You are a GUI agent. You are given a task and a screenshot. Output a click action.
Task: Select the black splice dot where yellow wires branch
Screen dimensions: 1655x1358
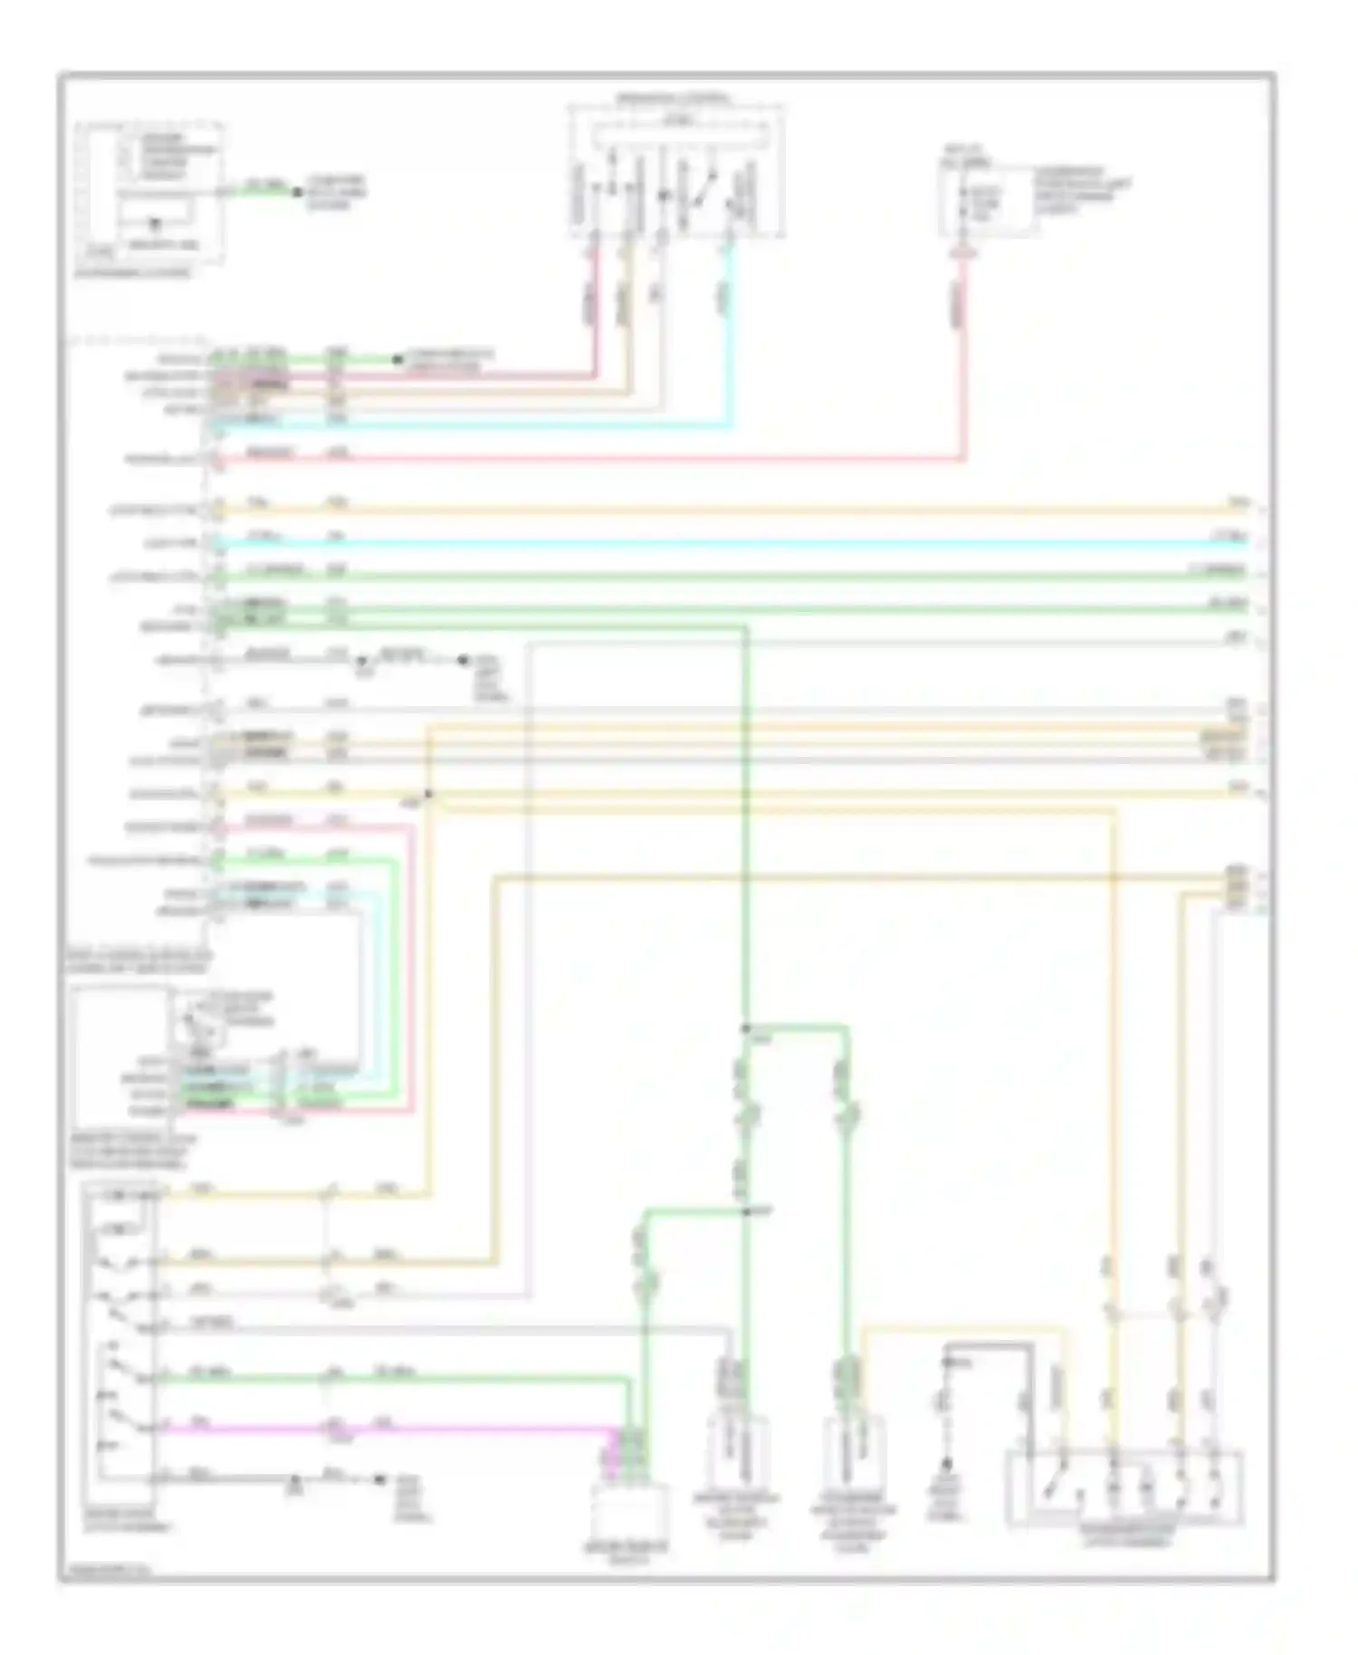(428, 795)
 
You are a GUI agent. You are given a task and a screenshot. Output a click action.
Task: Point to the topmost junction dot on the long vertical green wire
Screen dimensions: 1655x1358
(745, 1028)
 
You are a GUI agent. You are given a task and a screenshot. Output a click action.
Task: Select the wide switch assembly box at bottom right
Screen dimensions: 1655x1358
(1125, 1488)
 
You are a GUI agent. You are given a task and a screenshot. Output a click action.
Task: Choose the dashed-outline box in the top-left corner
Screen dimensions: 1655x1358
(150, 192)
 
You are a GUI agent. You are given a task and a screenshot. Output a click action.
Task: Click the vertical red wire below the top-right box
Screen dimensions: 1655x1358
(963, 362)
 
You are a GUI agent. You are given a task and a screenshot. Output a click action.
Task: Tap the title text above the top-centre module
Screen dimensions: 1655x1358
(674, 96)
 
